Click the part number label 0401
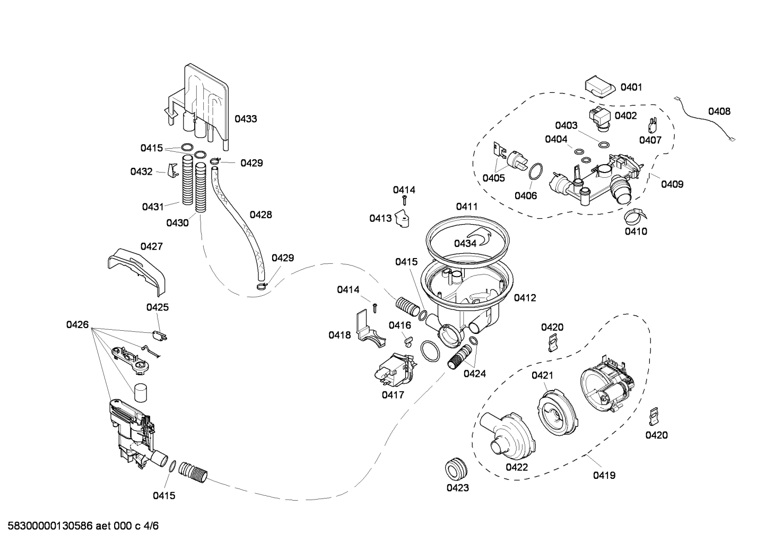pyautogui.click(x=631, y=87)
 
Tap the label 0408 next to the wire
pyautogui.click(x=719, y=111)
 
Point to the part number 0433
pyautogui.click(x=246, y=119)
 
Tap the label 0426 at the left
pyautogui.click(x=77, y=324)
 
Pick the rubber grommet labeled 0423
pyautogui.click(x=456, y=468)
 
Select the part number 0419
pyautogui.click(x=604, y=476)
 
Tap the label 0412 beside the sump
pyautogui.click(x=525, y=298)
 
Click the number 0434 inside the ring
pyautogui.click(x=465, y=243)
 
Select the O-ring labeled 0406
pyautogui.click(x=536, y=171)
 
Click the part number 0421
pyautogui.click(x=542, y=376)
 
